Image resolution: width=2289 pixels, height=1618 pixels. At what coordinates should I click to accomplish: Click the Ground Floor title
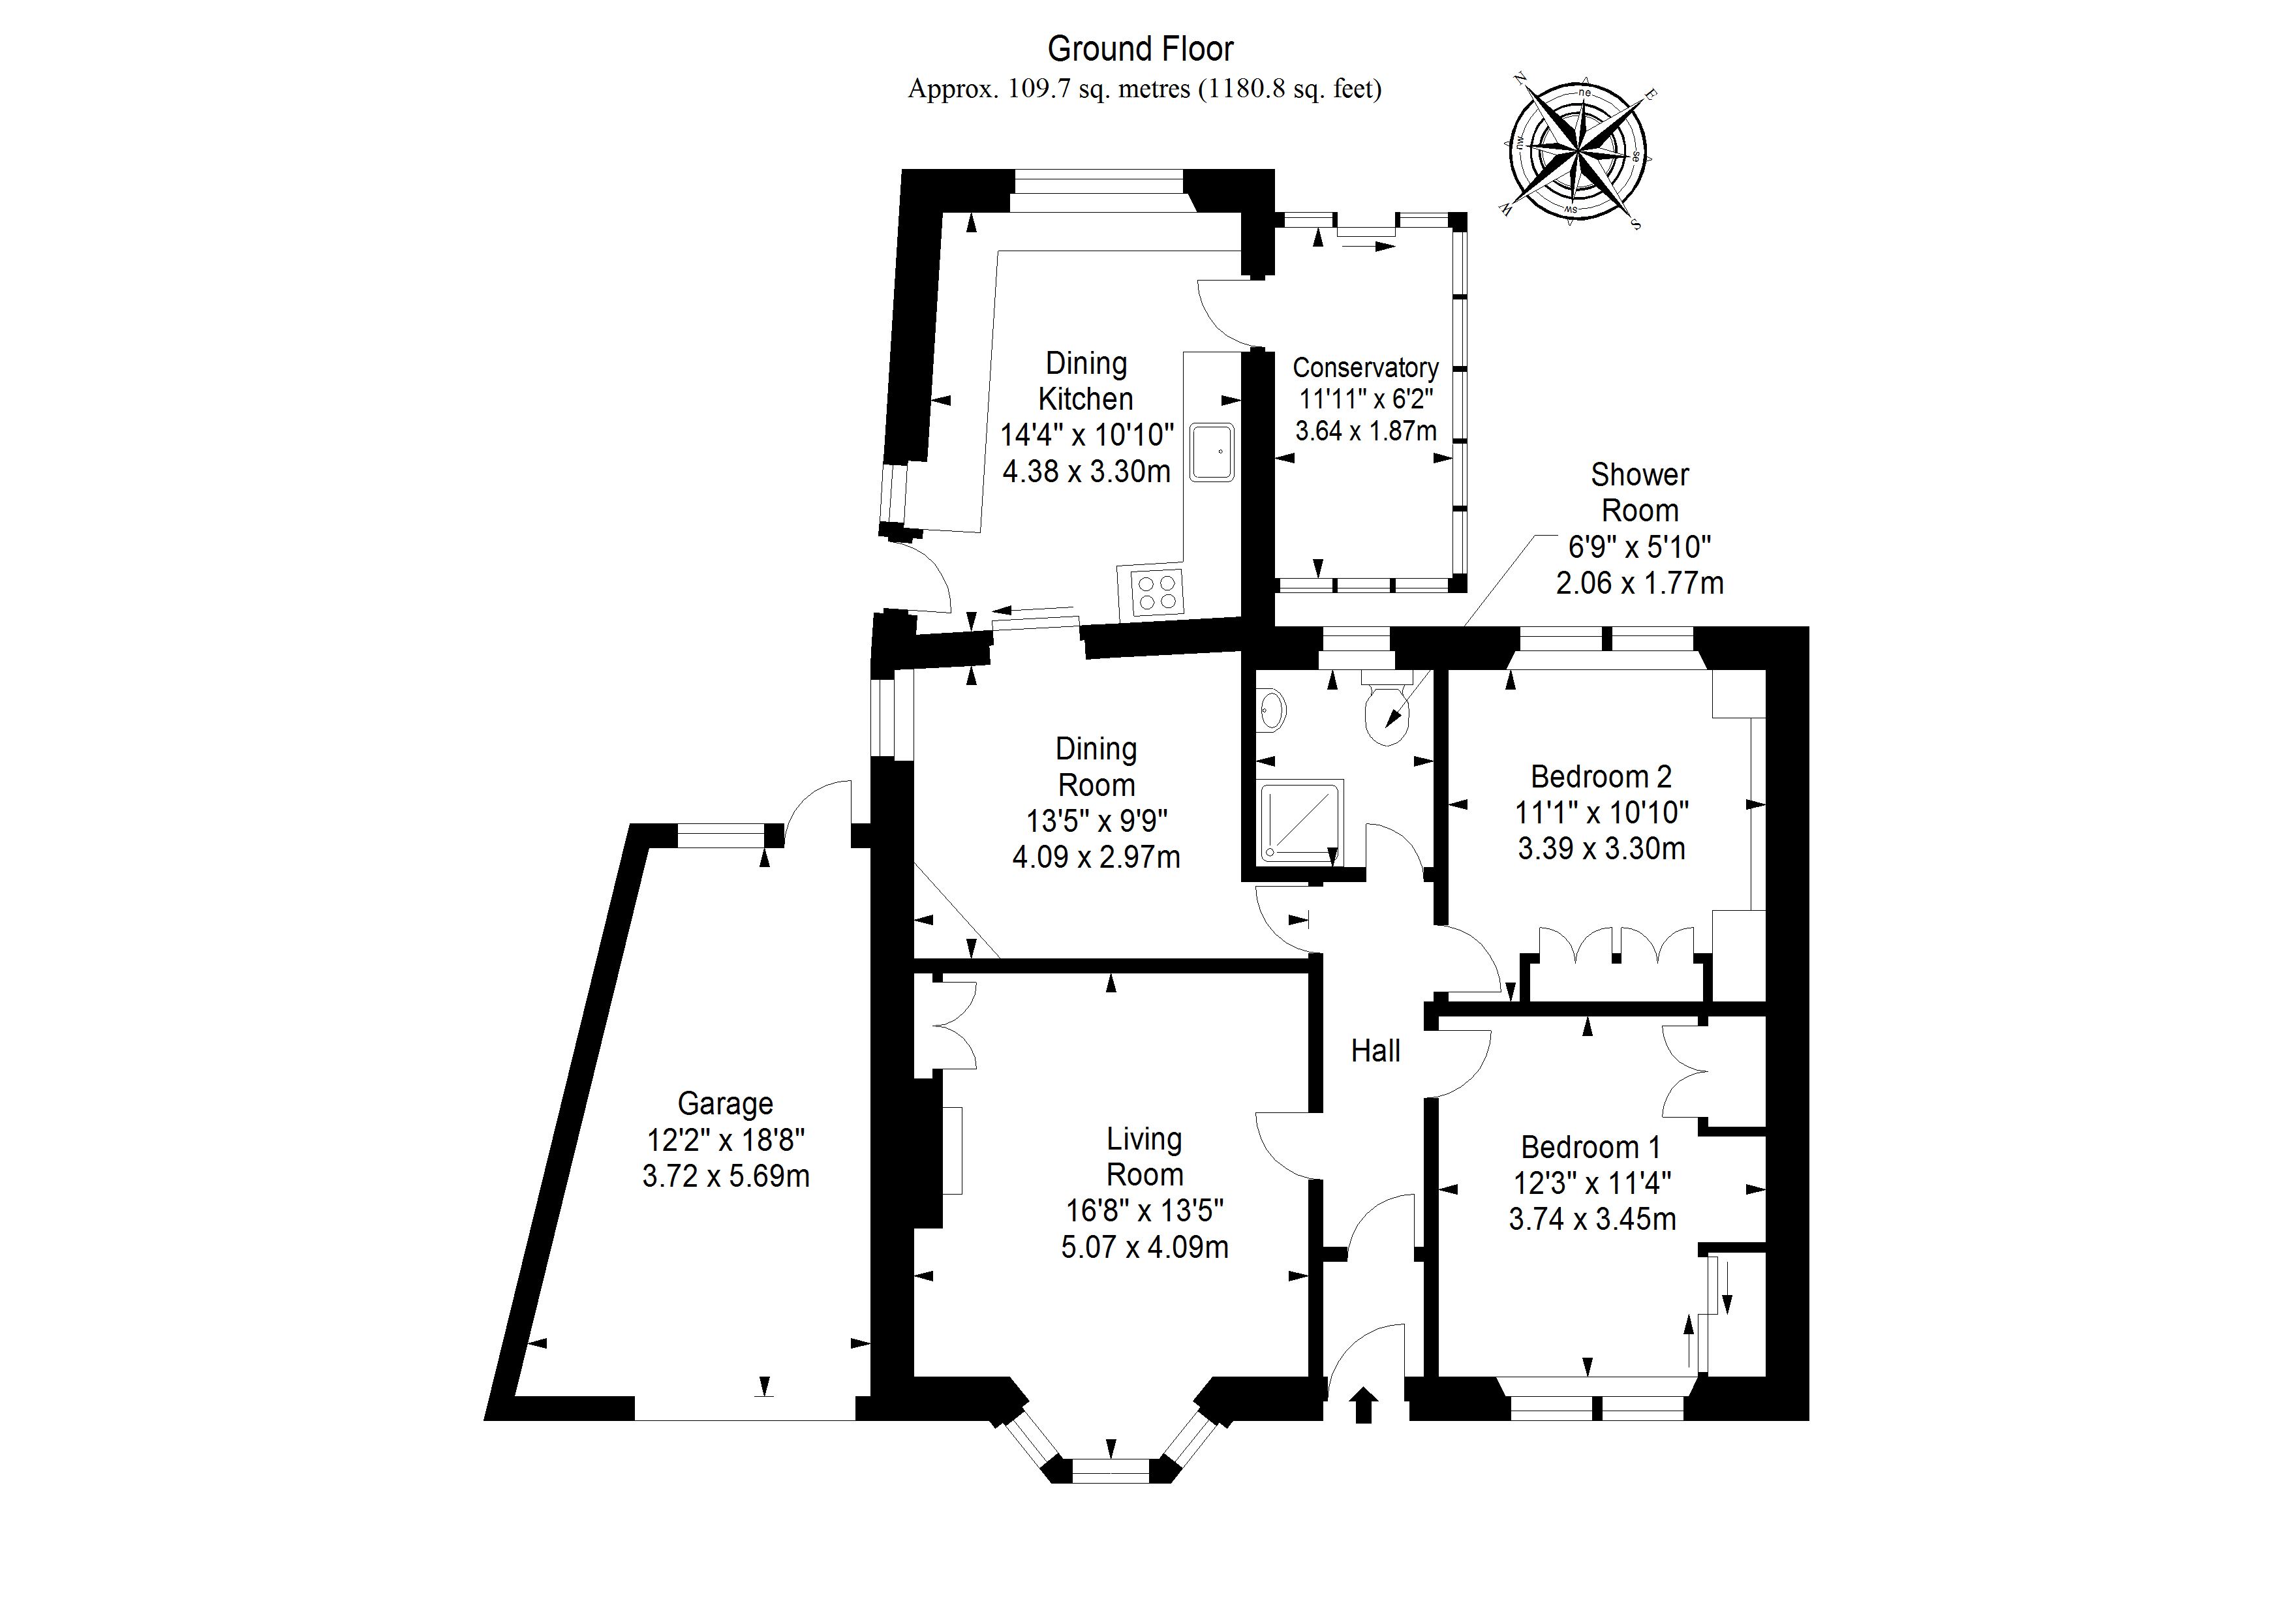coord(1141,49)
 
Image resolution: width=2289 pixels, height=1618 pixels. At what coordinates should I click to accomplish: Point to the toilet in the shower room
coord(1388,714)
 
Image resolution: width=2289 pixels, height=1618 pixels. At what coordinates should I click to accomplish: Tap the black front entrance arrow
coord(1363,1407)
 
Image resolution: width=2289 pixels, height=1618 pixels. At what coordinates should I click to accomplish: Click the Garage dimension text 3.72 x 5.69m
coord(726,1176)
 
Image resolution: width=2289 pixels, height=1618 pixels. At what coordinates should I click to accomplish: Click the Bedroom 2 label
coord(1601,776)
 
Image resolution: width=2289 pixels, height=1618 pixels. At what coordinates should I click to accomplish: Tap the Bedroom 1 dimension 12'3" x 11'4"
coord(1592,1183)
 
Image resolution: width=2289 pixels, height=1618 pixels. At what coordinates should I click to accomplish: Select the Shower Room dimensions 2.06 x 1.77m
coord(1640,582)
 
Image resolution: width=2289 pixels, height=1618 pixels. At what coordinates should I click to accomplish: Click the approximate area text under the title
coord(1144,89)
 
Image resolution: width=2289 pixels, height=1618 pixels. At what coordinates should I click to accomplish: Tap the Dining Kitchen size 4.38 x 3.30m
coord(1086,470)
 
